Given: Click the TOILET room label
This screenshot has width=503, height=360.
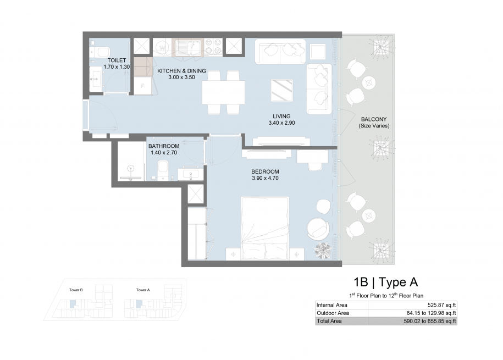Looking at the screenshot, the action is (x=117, y=60).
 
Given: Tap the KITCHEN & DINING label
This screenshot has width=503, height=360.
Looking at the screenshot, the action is (x=181, y=71).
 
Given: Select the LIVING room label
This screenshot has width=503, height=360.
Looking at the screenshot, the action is (x=281, y=117).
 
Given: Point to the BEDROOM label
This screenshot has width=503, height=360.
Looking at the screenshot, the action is (x=266, y=171).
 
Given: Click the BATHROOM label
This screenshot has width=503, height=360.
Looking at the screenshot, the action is (x=164, y=146).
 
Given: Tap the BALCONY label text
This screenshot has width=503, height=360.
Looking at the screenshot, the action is (x=374, y=119).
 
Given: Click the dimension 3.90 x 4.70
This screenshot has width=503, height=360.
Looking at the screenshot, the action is (x=266, y=179).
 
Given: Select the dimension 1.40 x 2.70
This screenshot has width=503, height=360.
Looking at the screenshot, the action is (x=164, y=153).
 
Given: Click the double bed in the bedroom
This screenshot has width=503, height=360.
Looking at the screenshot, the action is (x=266, y=228).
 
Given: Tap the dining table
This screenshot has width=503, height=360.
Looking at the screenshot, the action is (x=224, y=92).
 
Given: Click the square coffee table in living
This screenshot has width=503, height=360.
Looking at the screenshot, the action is (x=282, y=91).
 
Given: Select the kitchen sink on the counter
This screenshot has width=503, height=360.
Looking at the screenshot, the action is (x=187, y=47).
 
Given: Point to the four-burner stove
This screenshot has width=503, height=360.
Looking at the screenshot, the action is (x=213, y=46).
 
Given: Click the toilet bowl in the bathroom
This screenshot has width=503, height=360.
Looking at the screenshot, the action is (x=163, y=169).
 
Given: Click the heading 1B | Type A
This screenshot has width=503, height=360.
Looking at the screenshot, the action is (x=386, y=283).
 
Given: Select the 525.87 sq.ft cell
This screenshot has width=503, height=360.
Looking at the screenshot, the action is (x=442, y=305).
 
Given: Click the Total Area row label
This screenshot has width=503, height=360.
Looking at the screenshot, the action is (x=329, y=321).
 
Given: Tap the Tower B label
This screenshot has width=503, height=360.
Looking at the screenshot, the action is (x=76, y=290).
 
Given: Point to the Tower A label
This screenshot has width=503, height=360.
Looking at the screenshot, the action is (x=143, y=290).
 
